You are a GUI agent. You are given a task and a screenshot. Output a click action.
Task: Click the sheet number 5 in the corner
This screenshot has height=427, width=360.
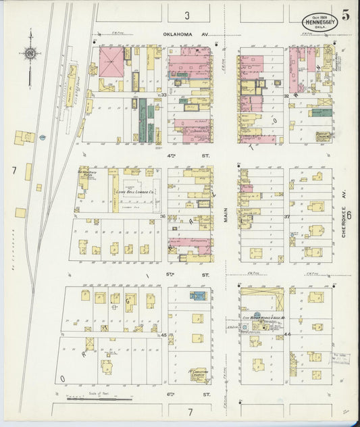tap(345, 13)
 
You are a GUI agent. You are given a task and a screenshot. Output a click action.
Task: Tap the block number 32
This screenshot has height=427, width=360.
tap(286, 96)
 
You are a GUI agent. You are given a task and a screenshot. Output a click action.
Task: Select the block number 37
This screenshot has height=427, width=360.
tap(286, 217)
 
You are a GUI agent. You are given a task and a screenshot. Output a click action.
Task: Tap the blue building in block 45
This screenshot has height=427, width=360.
tap(198, 295)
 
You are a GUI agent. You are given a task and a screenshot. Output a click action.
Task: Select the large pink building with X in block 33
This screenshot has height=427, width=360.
tap(112, 63)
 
